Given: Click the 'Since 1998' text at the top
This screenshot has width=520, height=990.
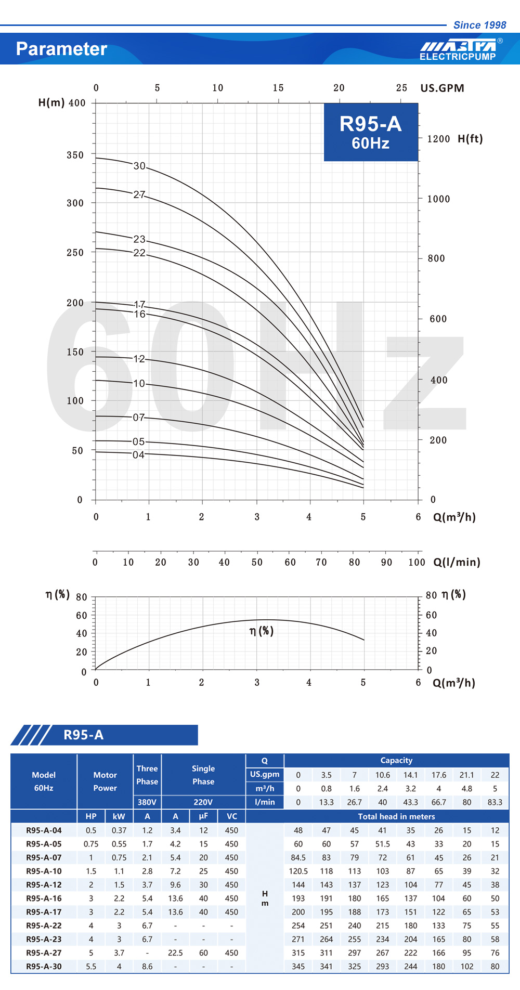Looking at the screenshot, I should tap(479, 25).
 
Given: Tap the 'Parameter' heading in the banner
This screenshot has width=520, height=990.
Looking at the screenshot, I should tap(61, 49).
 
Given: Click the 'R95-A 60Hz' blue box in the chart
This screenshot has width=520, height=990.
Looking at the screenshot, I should tap(371, 132).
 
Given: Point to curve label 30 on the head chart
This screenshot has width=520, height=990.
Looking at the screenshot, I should tap(139, 166).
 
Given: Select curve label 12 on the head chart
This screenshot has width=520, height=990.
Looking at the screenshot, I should tap(139, 359).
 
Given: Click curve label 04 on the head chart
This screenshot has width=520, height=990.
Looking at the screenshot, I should tap(138, 455).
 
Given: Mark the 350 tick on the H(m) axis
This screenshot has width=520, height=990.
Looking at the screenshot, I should tap(75, 155).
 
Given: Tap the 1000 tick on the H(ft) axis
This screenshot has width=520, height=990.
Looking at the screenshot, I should tap(438, 199).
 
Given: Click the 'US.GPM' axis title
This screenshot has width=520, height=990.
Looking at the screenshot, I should tap(442, 88).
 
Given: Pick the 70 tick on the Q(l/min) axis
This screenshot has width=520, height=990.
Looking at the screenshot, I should tap(321, 562).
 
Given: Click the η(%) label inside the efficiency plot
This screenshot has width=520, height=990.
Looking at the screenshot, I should tap(261, 631).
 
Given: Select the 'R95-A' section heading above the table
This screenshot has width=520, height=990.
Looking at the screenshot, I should tap(83, 735).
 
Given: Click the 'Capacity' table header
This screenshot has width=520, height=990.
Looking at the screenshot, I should tap(396, 760).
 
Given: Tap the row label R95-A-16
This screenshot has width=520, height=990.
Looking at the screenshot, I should tap(44, 898).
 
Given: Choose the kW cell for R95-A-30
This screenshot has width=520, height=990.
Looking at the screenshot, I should tap(119, 966).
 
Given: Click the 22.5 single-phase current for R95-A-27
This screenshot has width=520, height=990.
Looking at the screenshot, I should tap(175, 953).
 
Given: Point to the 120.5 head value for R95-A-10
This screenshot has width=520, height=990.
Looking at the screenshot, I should tap(298, 871).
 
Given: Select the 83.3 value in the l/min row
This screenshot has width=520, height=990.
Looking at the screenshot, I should tap(495, 802).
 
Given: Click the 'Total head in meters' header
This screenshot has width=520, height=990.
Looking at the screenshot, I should tap(396, 816).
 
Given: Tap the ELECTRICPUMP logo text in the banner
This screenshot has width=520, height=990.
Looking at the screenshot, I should tap(458, 56).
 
